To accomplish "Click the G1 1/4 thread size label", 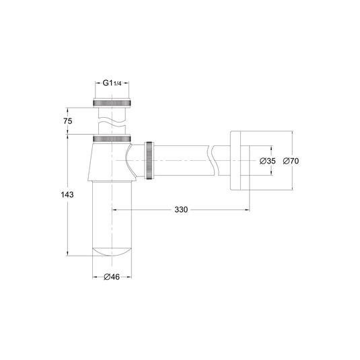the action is [x=112, y=83].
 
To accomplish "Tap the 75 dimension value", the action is [x=68, y=120].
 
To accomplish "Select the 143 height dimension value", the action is [x=67, y=194].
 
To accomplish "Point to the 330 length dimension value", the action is [x=181, y=210].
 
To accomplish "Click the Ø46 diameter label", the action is [x=112, y=277].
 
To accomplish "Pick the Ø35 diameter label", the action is [x=267, y=161].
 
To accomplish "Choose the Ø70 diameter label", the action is [x=291, y=161].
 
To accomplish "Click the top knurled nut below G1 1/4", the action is [x=112, y=103].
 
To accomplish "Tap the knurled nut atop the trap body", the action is [x=112, y=139].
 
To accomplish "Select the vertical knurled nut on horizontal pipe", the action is [x=149, y=160].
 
